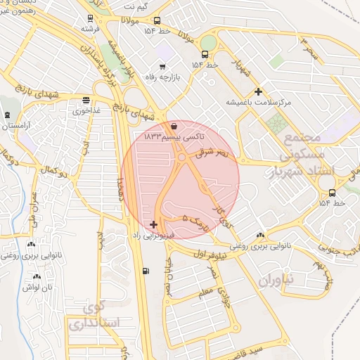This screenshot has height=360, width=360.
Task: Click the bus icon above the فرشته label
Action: pyautogui.click(x=89, y=18)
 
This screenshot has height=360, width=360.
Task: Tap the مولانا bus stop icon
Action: pyautogui.click(x=156, y=21)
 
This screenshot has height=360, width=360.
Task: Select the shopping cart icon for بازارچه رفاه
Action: pyautogui.click(x=162, y=67)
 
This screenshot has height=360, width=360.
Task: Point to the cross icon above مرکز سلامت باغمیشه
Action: pyautogui.click(x=259, y=91)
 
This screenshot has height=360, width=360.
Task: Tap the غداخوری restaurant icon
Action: pyautogui.click(x=86, y=100)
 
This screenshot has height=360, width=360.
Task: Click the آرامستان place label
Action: pyautogui.click(x=17, y=127)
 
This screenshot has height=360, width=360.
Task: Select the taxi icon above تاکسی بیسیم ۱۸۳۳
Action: pyautogui.click(x=174, y=127)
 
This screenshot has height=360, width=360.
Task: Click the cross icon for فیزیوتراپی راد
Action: pyautogui.click(x=154, y=224)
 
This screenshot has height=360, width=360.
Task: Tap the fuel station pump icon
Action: pyautogui.click(x=146, y=271)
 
